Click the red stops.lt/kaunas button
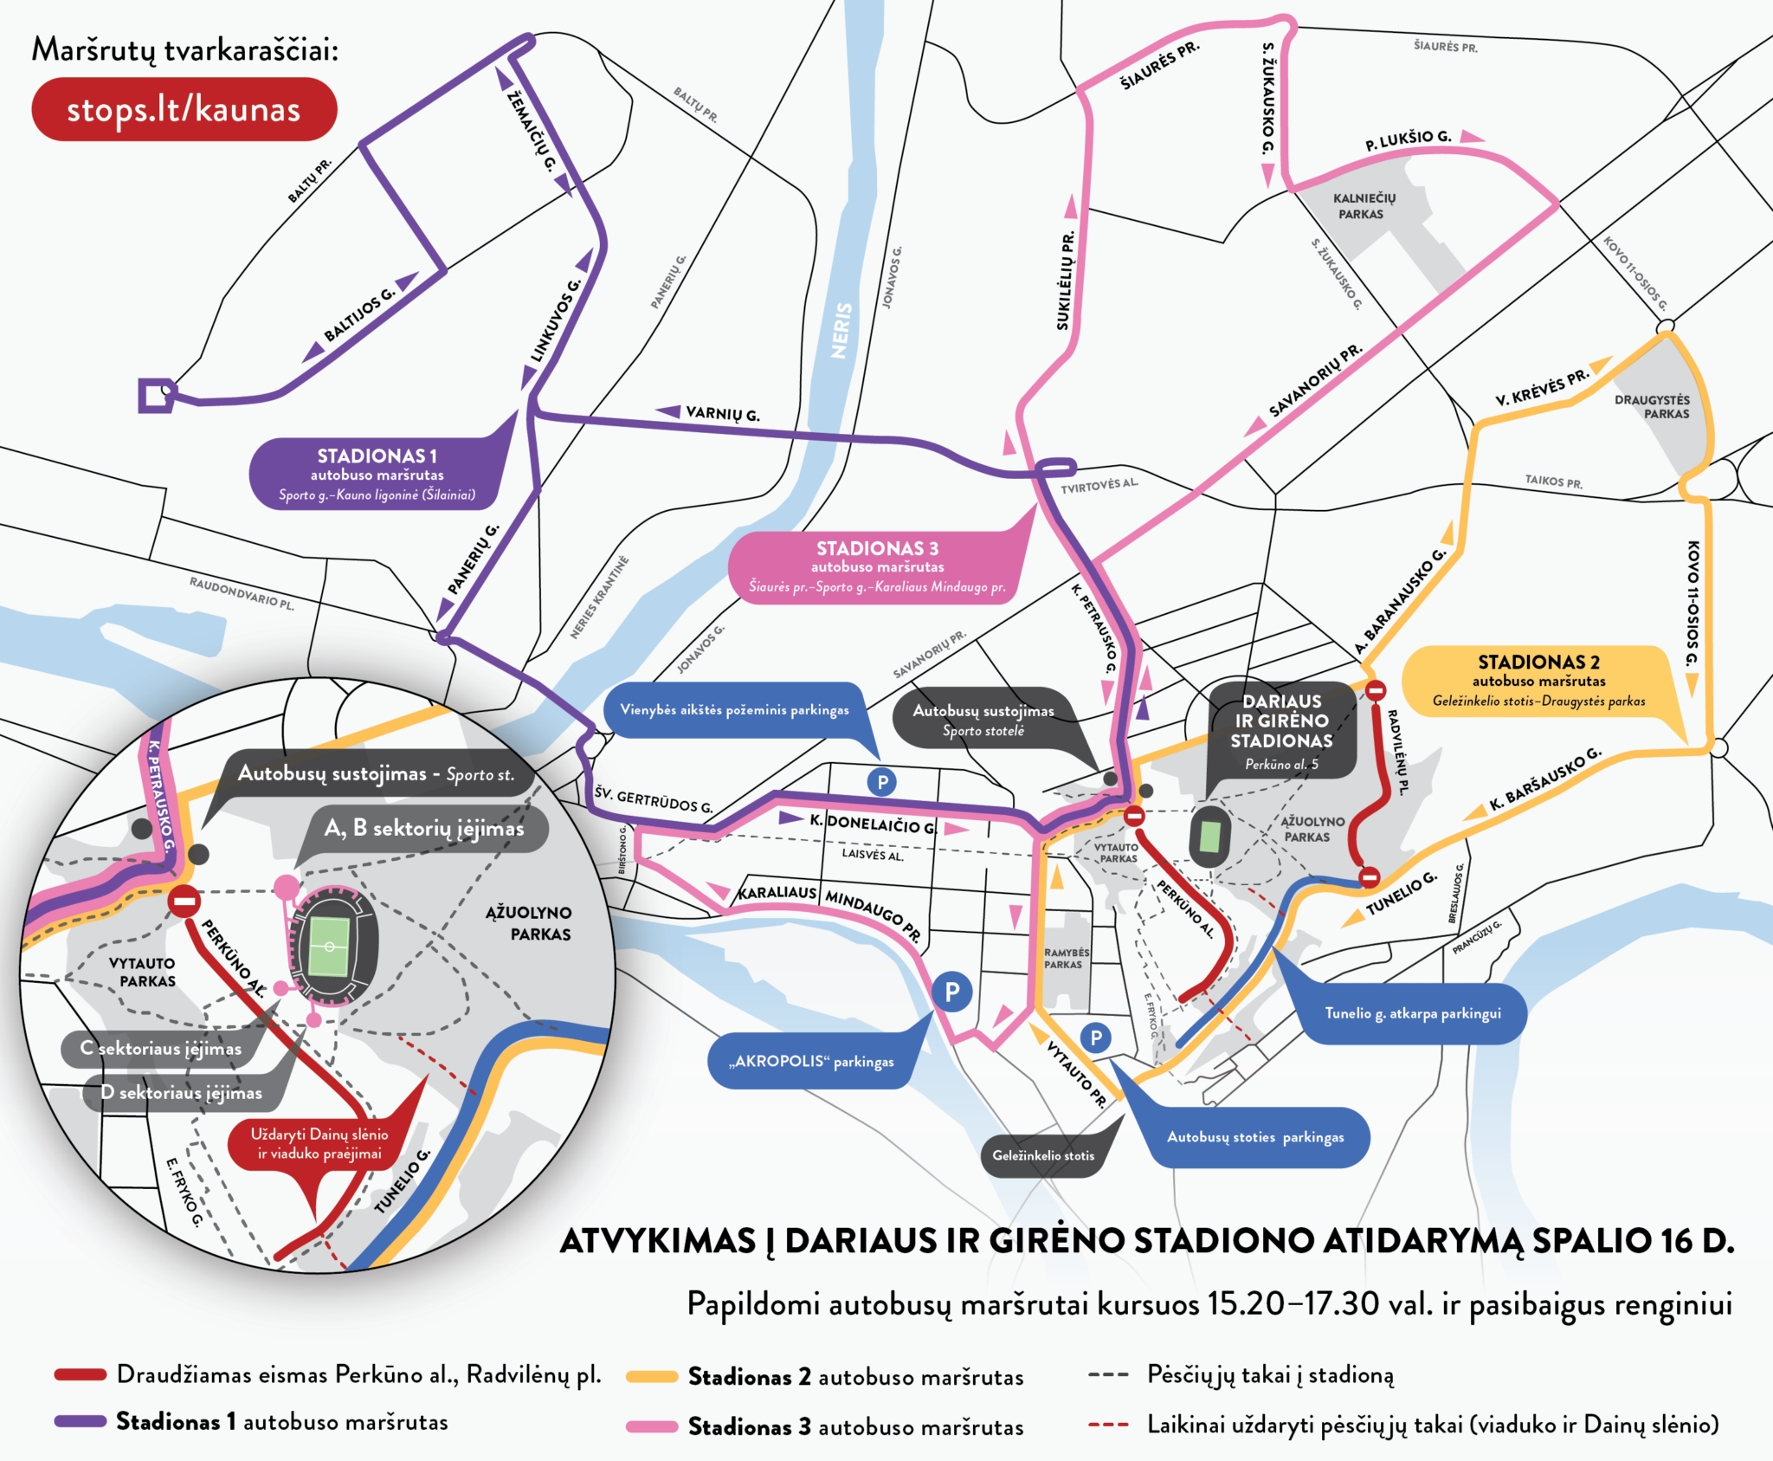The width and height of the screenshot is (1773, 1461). click(x=184, y=109)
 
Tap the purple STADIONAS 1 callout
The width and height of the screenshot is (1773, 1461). click(x=377, y=474)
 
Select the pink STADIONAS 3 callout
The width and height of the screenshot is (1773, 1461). click(x=876, y=566)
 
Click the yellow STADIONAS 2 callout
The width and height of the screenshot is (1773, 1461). click(x=1538, y=681)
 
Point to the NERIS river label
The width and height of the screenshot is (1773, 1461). click(x=841, y=330)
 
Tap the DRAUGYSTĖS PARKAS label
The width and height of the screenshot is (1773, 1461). click(x=1651, y=406)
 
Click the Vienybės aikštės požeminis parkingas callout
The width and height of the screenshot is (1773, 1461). click(x=734, y=709)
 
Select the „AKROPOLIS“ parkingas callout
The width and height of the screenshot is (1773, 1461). click(x=811, y=1061)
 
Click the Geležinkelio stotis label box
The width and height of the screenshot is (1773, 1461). click(x=1043, y=1155)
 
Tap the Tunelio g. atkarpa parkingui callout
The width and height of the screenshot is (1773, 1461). click(x=1412, y=1012)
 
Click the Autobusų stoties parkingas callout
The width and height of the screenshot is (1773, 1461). click(x=1255, y=1137)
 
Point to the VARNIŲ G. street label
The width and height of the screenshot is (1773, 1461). click(x=722, y=414)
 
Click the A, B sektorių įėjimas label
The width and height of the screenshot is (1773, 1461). click(x=423, y=829)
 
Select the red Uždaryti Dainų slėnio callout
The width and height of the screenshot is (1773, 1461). click(x=319, y=1143)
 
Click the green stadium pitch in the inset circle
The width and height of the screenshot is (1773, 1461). click(x=329, y=946)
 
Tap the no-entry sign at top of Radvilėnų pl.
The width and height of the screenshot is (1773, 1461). click(x=1376, y=690)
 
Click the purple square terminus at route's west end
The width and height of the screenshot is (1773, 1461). click(x=155, y=395)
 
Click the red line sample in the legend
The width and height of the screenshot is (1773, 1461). click(x=81, y=1374)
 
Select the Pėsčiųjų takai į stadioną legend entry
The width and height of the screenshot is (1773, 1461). click(x=1269, y=1374)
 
